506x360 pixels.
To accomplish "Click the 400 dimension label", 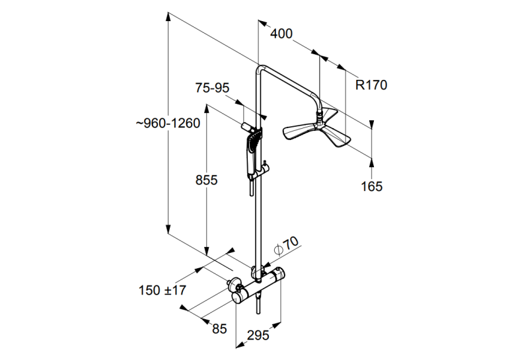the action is pos(281,34).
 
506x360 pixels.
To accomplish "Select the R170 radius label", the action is pos(371,85).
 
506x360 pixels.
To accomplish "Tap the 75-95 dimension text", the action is pos(212,88).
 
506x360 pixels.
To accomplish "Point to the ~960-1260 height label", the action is pos(168,124).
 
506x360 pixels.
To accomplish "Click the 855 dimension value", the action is pos(207,180).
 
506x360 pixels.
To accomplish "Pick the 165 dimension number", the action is pos(372,186).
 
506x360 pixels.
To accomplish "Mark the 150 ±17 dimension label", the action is pos(163,291).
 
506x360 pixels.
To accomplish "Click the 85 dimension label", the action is pos(219,329).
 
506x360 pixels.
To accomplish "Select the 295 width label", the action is pos(258,336).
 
